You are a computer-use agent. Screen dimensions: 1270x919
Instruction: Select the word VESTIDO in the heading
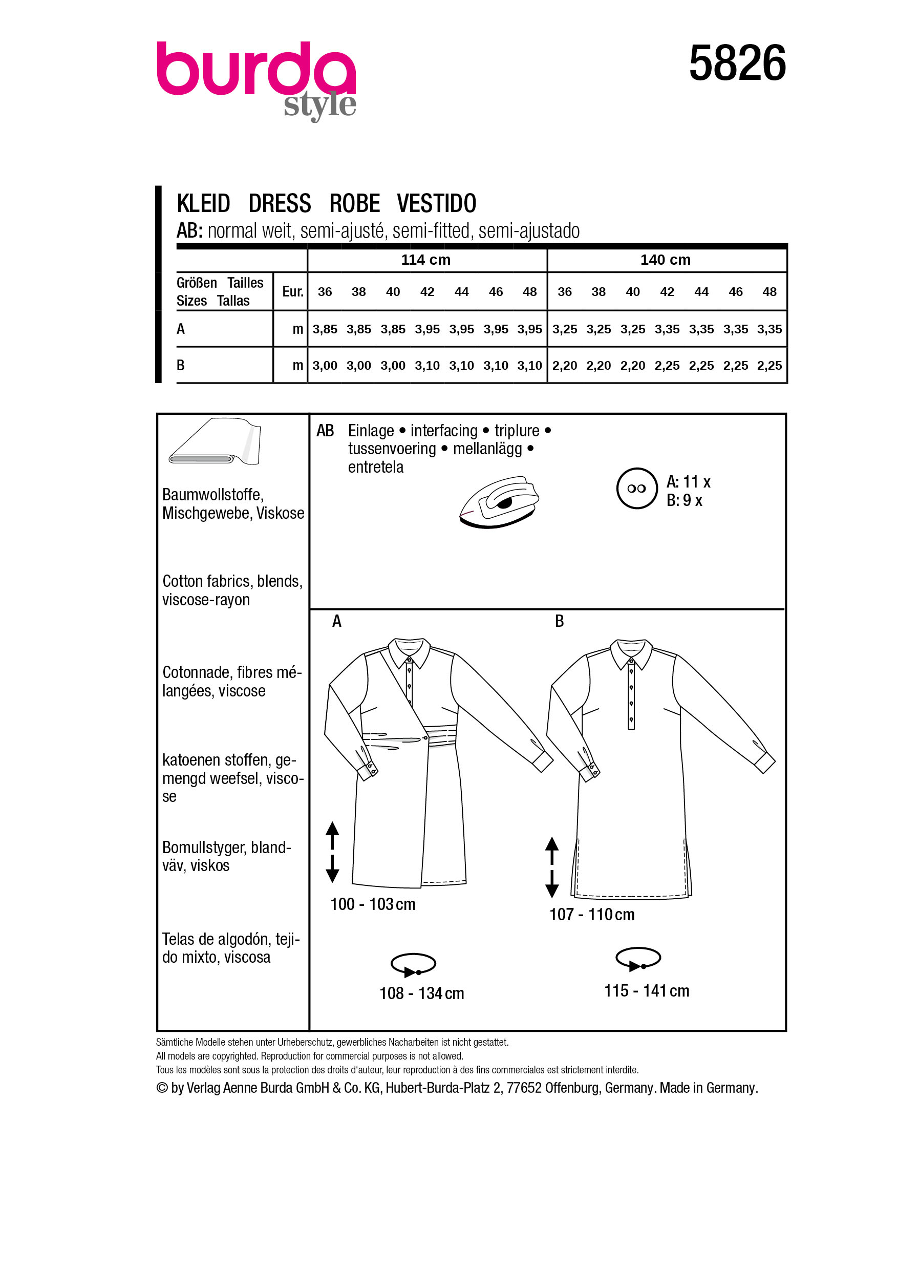[436, 203]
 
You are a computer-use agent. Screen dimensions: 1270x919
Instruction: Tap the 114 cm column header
[425, 260]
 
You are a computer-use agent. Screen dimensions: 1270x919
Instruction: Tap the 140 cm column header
[665, 260]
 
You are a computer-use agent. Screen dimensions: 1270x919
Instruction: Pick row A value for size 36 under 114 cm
[325, 329]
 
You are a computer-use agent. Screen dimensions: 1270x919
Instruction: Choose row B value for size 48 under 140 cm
[769, 366]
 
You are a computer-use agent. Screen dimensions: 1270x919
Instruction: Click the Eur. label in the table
[292, 292]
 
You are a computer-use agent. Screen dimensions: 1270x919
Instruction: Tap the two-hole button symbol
[636, 489]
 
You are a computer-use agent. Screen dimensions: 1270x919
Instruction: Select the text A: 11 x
[688, 481]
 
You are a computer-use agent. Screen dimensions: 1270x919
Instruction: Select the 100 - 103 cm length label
[372, 904]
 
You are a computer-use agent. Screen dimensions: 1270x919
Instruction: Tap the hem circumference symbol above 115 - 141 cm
[637, 958]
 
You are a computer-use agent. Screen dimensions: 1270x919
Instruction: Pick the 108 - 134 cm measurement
[421, 993]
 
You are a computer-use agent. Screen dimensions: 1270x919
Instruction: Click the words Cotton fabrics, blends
[232, 581]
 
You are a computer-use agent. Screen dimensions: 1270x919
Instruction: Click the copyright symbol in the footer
[162, 1088]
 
